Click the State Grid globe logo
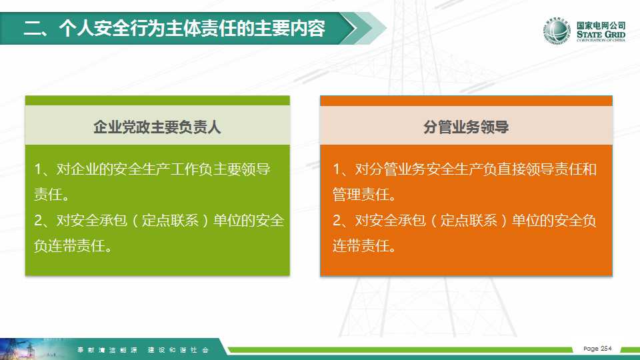pyautogui.click(x=557, y=31)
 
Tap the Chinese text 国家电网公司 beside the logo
pyautogui.click(x=601, y=25)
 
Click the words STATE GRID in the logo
pyautogui.click(x=601, y=34)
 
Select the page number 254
pyautogui.click(x=606, y=349)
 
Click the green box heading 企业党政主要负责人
pyautogui.click(x=157, y=127)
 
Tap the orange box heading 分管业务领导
pyautogui.click(x=466, y=127)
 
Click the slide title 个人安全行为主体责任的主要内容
pyautogui.click(x=192, y=28)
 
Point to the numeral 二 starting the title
pyautogui.click(x=33, y=28)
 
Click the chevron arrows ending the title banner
pyautogui.click(x=363, y=28)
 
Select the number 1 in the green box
pyautogui.click(x=39, y=169)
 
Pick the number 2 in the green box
pyautogui.click(x=39, y=221)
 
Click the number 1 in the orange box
pyautogui.click(x=337, y=169)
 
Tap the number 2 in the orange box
pyautogui.click(x=337, y=221)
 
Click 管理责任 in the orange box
pyautogui.click(x=361, y=195)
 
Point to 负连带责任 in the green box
pyautogui.click(x=69, y=246)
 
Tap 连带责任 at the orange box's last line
pyautogui.click(x=361, y=246)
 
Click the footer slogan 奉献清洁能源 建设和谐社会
pyautogui.click(x=143, y=350)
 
